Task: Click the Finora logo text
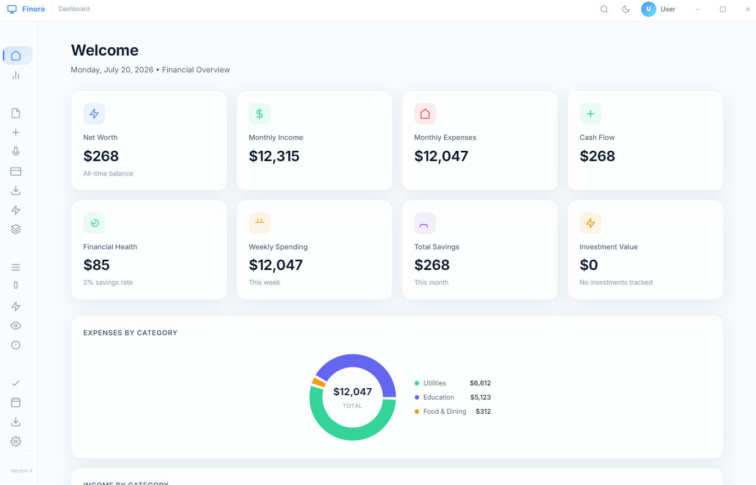pyautogui.click(x=33, y=9)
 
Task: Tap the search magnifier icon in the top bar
pyautogui.click(x=604, y=9)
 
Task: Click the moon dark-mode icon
pyautogui.click(x=626, y=9)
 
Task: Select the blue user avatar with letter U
pyautogui.click(x=648, y=9)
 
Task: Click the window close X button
pyautogui.click(x=747, y=9)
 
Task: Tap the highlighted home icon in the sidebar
pyautogui.click(x=16, y=56)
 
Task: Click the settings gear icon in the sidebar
pyautogui.click(x=16, y=441)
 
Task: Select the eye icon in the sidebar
pyautogui.click(x=16, y=326)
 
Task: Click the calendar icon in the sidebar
pyautogui.click(x=16, y=402)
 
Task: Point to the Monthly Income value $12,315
pyautogui.click(x=274, y=156)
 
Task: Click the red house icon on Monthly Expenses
pyautogui.click(x=425, y=114)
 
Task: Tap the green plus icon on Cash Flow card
pyautogui.click(x=591, y=114)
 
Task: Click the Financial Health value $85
pyautogui.click(x=96, y=265)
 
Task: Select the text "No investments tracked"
pyautogui.click(x=616, y=282)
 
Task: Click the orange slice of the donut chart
pyautogui.click(x=318, y=382)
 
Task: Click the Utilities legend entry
pyautogui.click(x=434, y=383)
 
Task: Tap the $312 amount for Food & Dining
pyautogui.click(x=483, y=412)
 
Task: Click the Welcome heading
pyautogui.click(x=105, y=50)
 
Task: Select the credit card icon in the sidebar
pyautogui.click(x=16, y=171)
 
